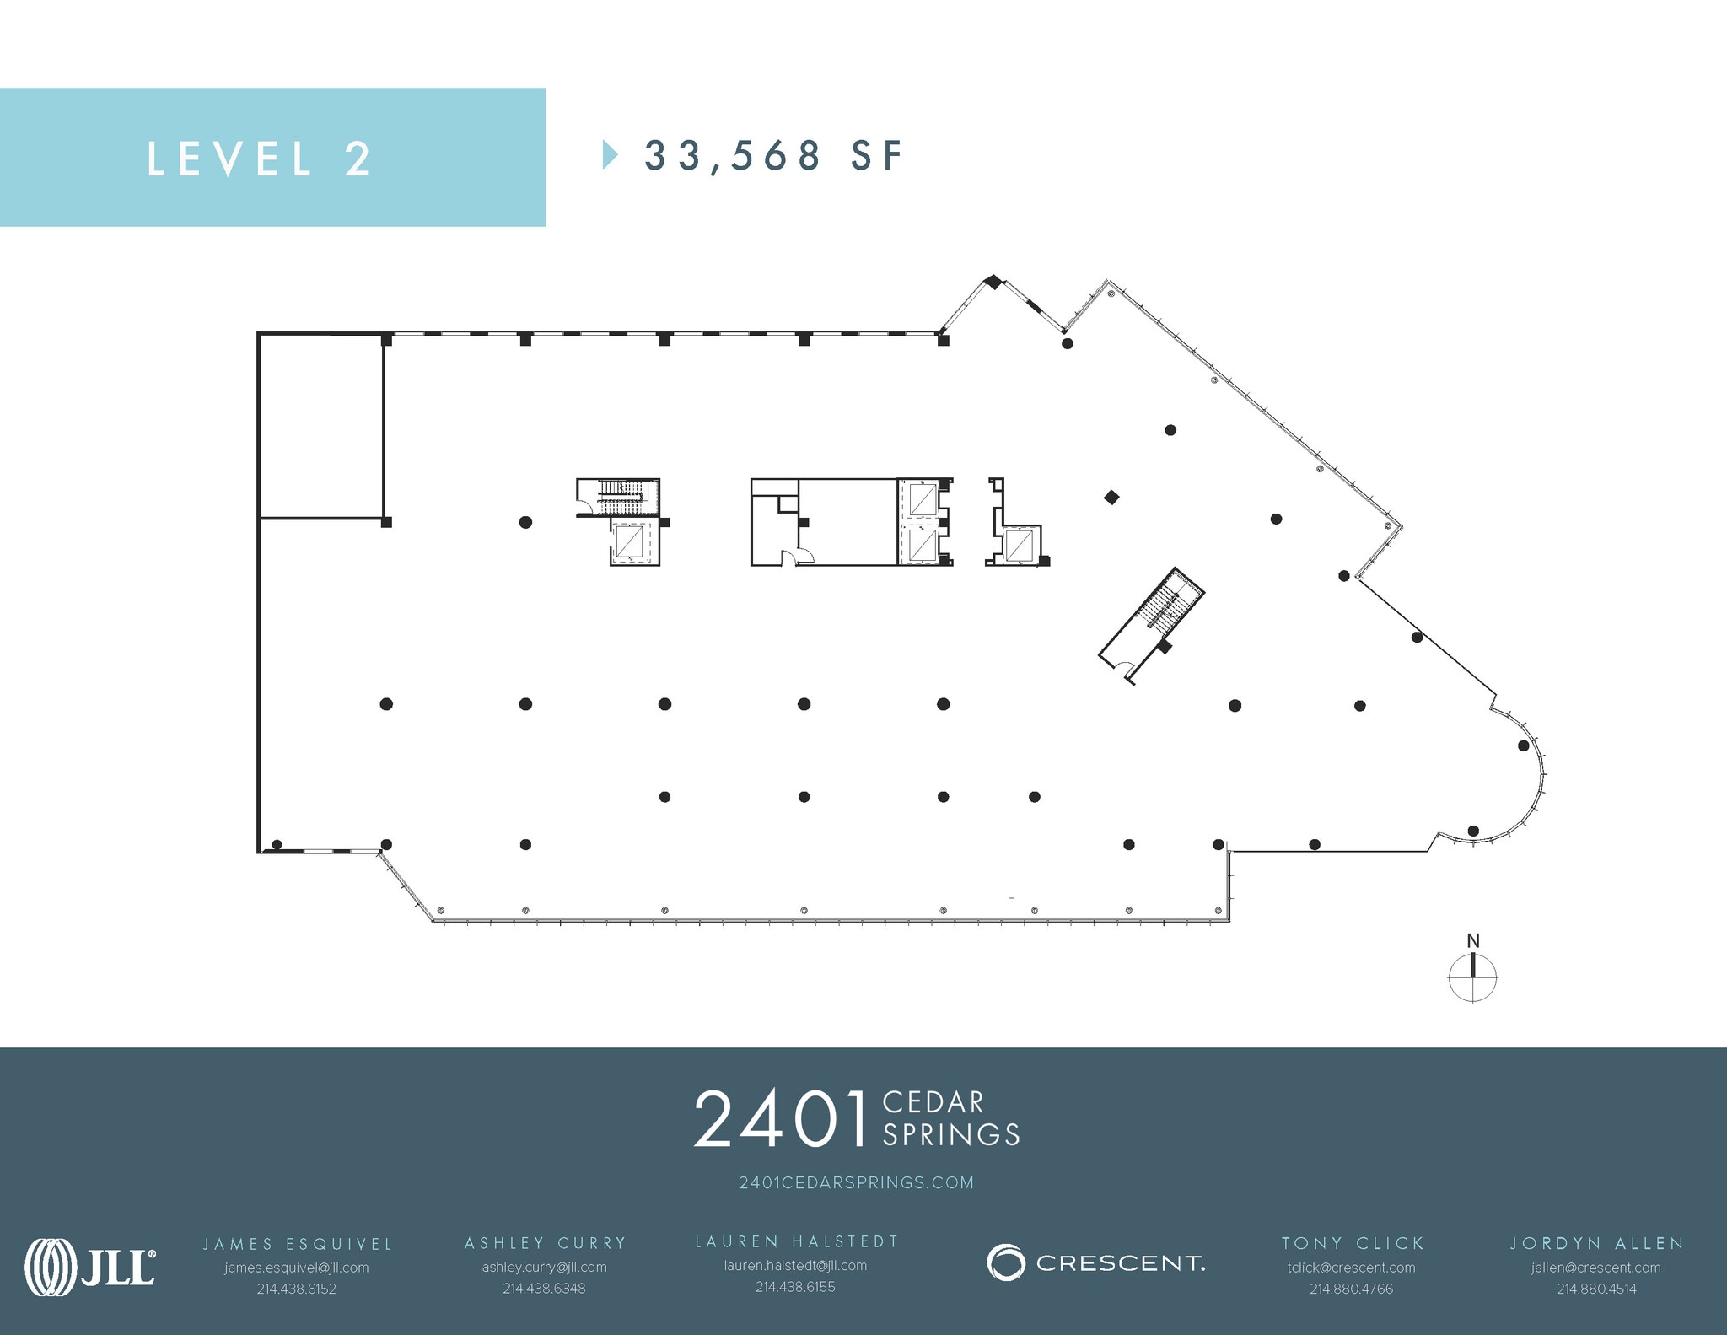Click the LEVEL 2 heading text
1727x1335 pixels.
259,159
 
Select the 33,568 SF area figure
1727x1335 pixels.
773,156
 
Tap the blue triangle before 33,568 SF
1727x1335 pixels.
610,155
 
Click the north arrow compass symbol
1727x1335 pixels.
1472,977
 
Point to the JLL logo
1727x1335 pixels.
90,1266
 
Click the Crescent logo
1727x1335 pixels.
1095,1262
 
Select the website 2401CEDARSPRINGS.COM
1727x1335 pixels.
856,1182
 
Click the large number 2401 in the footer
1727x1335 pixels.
780,1119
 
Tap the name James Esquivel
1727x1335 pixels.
298,1244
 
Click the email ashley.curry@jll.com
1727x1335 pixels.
544,1267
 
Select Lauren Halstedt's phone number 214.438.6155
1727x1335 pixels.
795,1287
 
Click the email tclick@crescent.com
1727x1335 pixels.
1351,1268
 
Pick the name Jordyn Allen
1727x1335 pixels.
1596,1243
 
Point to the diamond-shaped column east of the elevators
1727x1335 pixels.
1111,498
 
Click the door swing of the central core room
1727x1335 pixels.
794,557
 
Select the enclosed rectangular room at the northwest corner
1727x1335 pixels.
321,426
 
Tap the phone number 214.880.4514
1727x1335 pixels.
1596,1289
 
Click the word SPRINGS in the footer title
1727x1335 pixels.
951,1135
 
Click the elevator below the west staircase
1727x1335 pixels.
629,541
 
